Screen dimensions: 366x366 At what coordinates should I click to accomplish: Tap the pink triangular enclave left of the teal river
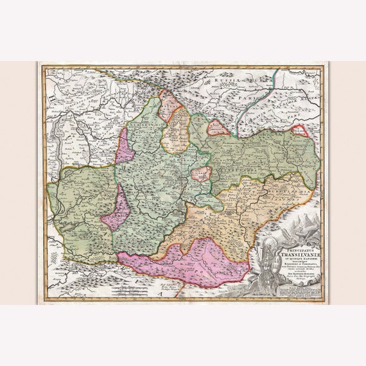pos(218,128)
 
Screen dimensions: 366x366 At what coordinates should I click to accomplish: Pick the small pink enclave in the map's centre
pos(202,174)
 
